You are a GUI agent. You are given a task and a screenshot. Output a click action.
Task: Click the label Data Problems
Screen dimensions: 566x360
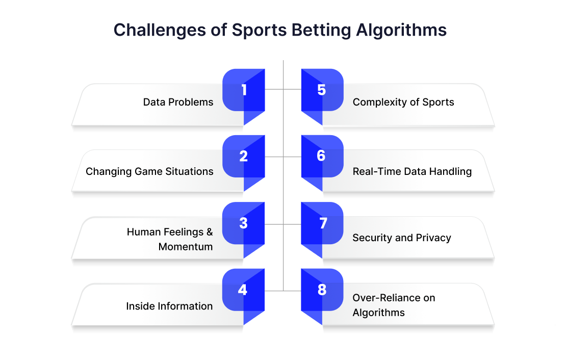178,102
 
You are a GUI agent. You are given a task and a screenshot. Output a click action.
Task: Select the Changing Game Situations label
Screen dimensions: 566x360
149,171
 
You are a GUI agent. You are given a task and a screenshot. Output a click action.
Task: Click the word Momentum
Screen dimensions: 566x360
186,247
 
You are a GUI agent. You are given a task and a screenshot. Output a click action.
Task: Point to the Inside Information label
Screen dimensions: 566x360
169,306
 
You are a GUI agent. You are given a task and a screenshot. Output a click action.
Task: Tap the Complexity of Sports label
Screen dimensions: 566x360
403,102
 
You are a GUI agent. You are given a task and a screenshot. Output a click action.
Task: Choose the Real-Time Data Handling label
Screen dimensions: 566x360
412,171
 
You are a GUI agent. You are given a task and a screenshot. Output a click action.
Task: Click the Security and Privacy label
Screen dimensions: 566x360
402,238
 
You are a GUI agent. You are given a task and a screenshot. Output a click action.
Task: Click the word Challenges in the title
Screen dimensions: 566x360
160,30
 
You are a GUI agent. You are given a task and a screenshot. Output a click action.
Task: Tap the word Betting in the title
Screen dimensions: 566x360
321,30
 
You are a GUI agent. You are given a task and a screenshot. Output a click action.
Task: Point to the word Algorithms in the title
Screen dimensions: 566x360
401,30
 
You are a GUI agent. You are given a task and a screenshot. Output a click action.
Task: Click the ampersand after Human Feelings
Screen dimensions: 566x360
210,232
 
